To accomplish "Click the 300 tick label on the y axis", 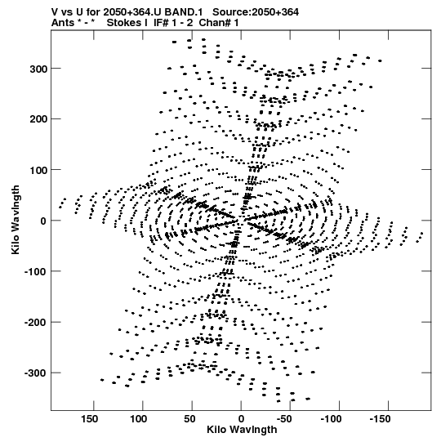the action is tap(38, 69).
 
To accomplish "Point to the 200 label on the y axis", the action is tap(38, 119).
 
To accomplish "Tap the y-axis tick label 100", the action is tap(38, 170).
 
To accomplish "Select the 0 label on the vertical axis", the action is tap(43, 221).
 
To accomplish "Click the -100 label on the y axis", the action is tap(35, 272).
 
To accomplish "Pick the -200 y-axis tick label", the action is tap(35, 323).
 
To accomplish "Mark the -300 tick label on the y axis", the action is tap(35, 373).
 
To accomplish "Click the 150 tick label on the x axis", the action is tap(90, 419).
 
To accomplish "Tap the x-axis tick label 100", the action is tap(139, 419).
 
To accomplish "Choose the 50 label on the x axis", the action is tap(189, 419).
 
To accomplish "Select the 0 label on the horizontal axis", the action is tap(241, 419).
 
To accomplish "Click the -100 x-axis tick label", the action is tap(331, 419).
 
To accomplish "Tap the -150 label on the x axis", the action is tap(380, 419).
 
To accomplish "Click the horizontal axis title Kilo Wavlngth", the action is tap(242, 430).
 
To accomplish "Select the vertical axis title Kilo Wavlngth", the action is tap(16, 220).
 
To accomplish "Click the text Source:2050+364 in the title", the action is tap(256, 11).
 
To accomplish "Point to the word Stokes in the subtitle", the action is tap(127, 23).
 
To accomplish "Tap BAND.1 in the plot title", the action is tap(184, 11).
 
